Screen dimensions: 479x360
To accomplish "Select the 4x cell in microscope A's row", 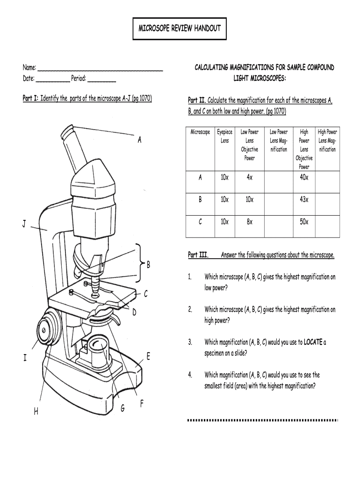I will pyautogui.click(x=250, y=178).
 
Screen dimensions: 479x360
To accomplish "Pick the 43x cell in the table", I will pyautogui.click(x=304, y=200).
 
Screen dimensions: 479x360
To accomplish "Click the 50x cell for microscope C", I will pyautogui.click(x=304, y=222).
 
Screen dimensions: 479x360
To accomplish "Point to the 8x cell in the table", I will pyautogui.click(x=250, y=222).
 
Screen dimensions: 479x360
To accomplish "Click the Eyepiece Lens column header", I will pyautogui.click(x=225, y=136).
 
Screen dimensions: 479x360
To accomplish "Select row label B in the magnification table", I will pyautogui.click(x=200, y=200).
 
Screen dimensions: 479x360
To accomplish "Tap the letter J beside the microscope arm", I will pyautogui.click(x=24, y=225).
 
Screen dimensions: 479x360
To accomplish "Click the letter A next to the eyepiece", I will pyautogui.click(x=139, y=140).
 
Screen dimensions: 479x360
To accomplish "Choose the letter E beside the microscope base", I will pyautogui.click(x=148, y=357).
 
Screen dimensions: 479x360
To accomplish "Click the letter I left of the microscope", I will pyautogui.click(x=24, y=358).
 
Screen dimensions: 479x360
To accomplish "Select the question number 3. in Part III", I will pyautogui.click(x=190, y=342).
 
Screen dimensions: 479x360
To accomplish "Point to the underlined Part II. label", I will pyautogui.click(x=196, y=101).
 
